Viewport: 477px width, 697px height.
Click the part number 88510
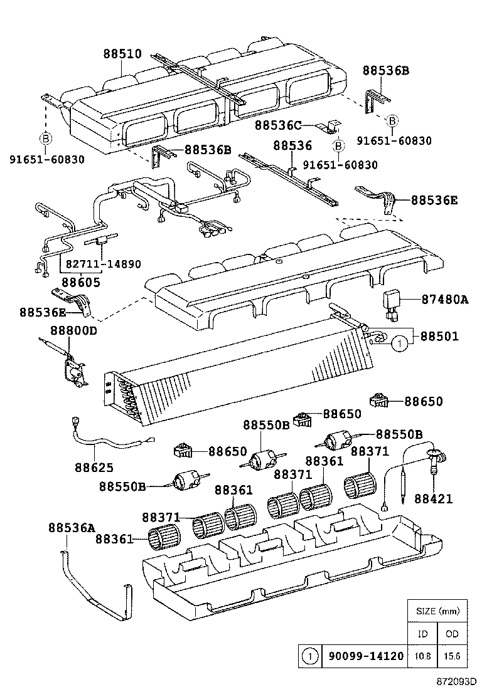point(122,55)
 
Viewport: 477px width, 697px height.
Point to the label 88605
point(80,283)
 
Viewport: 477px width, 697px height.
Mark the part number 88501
point(439,337)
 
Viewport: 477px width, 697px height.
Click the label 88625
point(94,466)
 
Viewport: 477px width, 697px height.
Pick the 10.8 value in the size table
point(422,657)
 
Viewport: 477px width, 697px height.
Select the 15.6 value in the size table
point(452,657)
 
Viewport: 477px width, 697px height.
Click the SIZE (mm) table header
point(437,611)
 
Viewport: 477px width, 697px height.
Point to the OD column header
point(452,634)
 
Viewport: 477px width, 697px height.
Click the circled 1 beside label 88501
point(399,343)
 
